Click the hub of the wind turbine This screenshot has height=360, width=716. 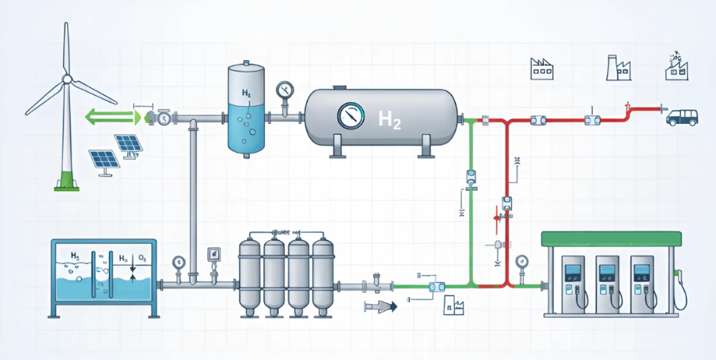tap(67, 79)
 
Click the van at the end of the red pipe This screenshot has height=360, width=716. tap(682, 117)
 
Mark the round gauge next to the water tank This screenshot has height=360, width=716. tap(177, 262)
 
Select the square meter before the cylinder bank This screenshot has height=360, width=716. tap(213, 253)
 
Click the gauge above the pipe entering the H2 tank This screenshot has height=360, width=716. tap(284, 90)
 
